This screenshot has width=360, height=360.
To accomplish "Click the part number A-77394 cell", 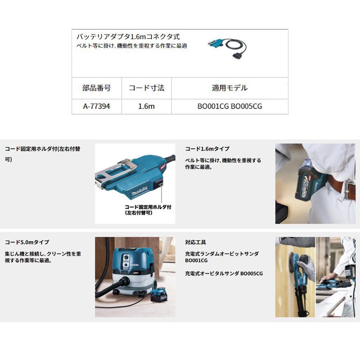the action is pos(96,106).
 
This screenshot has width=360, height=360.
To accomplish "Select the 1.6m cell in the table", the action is pos(147,106).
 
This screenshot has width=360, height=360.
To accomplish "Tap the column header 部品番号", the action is pos(97,88).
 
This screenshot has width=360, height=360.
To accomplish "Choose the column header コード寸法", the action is pos(147,88).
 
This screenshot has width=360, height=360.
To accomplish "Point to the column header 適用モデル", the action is pos(229,88).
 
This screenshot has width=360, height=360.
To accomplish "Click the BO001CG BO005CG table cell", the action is pos(229,106).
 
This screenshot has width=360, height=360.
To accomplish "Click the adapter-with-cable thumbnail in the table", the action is pos(227,49).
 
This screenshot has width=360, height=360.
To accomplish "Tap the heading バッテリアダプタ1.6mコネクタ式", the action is pos(128,36).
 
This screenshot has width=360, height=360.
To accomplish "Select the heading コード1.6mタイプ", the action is pos(207,149).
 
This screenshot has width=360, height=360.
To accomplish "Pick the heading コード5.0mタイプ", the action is pos(27,242).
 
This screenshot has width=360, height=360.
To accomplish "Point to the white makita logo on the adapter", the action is pos(139,192).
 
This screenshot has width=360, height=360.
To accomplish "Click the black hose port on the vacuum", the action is pos(125,281).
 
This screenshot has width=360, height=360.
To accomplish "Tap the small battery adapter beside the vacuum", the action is pos(159,296).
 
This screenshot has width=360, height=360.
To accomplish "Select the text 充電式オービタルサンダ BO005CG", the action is pos(224,274).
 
